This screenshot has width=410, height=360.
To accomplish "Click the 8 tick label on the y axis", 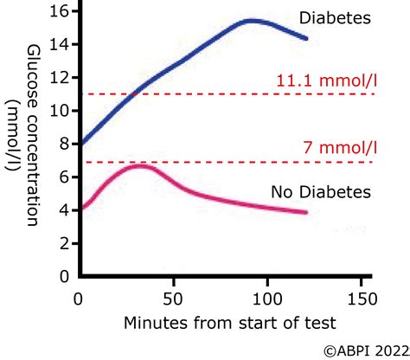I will click(x=61, y=144).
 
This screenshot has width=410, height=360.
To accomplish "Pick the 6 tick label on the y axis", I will click(x=61, y=177).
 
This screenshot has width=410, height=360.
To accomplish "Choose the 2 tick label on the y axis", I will click(x=61, y=243).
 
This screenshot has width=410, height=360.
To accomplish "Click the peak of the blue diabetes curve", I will click(x=250, y=20).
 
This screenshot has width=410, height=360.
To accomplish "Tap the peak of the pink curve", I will click(x=140, y=165).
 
